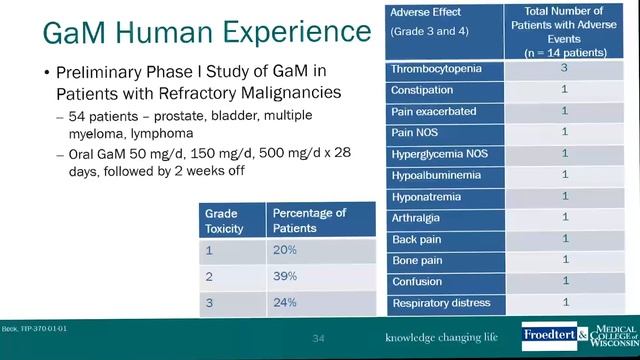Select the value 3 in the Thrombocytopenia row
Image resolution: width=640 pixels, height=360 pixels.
pyautogui.click(x=565, y=69)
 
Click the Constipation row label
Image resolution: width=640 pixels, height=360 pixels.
pyautogui.click(x=423, y=90)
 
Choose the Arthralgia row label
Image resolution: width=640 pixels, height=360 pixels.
pyautogui.click(x=419, y=217)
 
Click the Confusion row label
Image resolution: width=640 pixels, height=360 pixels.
pyautogui.click(x=418, y=281)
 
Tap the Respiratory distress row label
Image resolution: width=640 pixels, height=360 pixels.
pyautogui.click(x=440, y=303)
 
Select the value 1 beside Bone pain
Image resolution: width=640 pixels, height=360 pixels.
pyautogui.click(x=565, y=260)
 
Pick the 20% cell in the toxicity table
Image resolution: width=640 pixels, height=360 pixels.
pyautogui.click(x=286, y=250)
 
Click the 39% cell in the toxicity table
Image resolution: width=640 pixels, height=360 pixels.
pyautogui.click(x=286, y=276)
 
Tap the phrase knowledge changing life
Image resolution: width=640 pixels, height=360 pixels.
pyautogui.click(x=442, y=337)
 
